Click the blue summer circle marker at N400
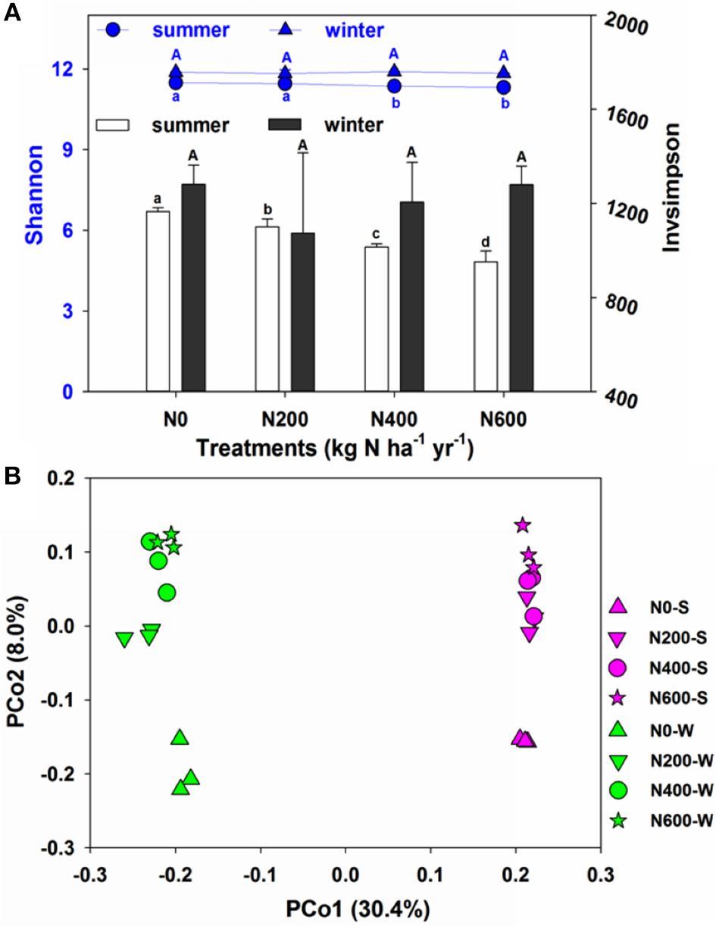click(x=394, y=86)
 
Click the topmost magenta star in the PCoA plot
click(x=522, y=525)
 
